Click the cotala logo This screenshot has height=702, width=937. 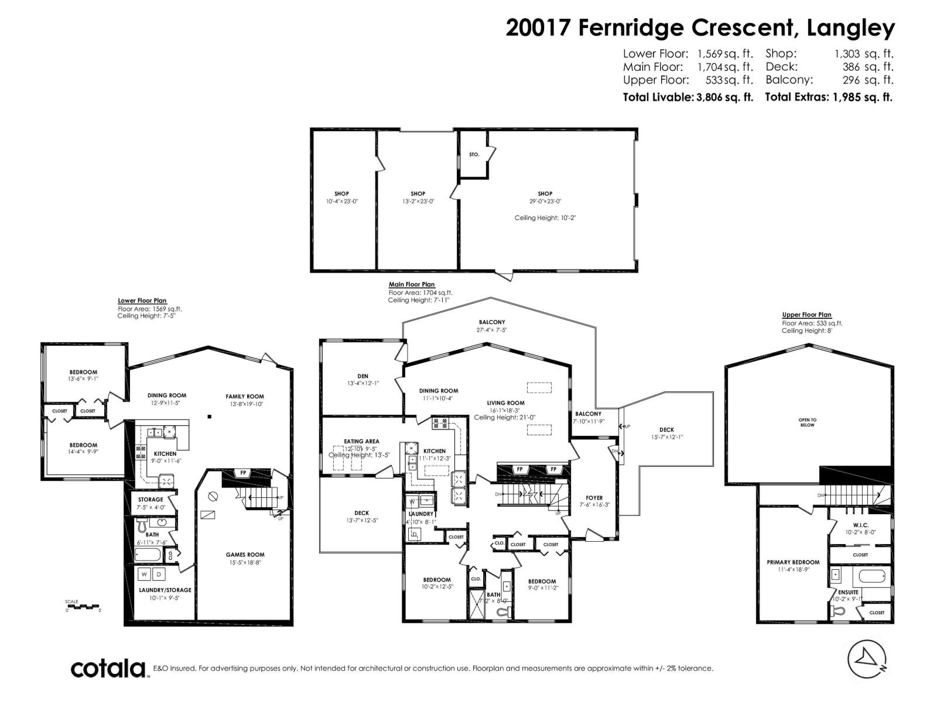[108, 668]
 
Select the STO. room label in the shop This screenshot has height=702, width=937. [474, 154]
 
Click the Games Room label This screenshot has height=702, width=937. [245, 555]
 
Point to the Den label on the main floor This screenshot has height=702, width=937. [363, 376]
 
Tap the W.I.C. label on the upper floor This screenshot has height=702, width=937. [860, 525]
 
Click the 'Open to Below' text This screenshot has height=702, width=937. [807, 422]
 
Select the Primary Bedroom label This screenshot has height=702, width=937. [793, 562]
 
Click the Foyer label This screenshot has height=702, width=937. [594, 498]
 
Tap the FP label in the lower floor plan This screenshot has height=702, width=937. [242, 473]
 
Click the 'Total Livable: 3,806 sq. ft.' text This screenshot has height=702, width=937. [688, 97]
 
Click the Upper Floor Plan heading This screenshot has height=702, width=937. [806, 315]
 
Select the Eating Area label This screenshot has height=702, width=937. [361, 442]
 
